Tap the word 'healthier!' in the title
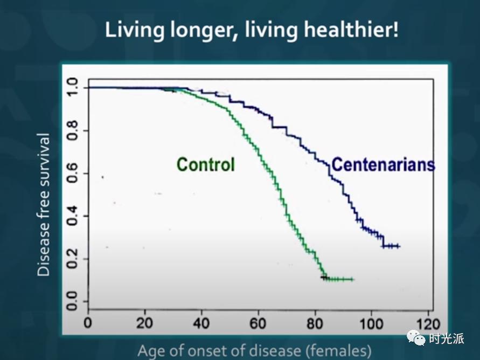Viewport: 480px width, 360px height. tap(351, 30)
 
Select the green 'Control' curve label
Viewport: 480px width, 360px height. tap(206, 165)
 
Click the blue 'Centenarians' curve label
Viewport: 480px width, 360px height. tap(383, 164)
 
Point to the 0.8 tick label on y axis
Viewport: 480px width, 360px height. tap(73, 131)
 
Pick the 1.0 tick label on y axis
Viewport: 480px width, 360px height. tap(73, 87)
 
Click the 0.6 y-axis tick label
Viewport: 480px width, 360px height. tap(73, 174)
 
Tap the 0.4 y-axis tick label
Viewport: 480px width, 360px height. tap(73, 216)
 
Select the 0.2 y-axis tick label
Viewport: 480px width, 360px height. tap(73, 259)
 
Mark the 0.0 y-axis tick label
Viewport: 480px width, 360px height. tap(73, 301)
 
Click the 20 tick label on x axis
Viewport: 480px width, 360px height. tap(144, 323)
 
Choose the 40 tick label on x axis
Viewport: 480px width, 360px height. tap(201, 323)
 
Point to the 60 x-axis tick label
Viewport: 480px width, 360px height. tap(258, 323)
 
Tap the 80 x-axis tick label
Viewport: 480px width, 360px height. tap(315, 323)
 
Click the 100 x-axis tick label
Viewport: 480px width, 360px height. tap(371, 323)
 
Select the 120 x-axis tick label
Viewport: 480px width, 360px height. tap(428, 323)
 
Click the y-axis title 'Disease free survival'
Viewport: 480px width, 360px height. tap(43, 204)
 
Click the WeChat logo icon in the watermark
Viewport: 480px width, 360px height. tap(416, 338)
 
